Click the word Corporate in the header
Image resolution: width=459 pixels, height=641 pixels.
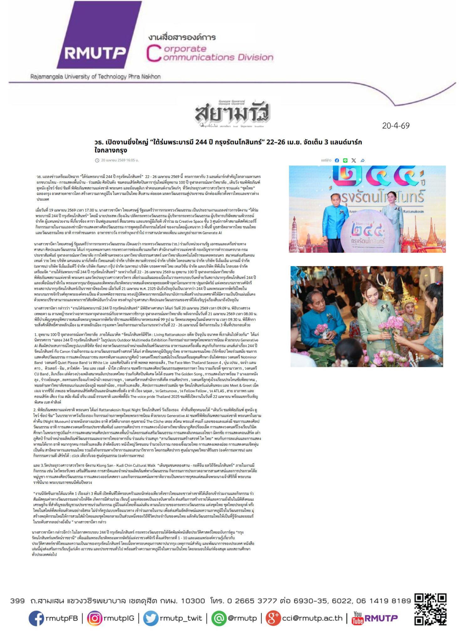point(185,49)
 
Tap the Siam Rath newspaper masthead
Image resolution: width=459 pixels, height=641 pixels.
point(232,113)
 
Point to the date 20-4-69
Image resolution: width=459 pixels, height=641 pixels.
point(395,126)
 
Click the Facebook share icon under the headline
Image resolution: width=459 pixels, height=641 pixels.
point(337,161)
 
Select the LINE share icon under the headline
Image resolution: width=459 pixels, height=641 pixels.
point(345,161)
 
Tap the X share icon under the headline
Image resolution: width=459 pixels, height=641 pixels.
point(353,161)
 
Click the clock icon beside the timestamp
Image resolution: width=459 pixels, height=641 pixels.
point(97,161)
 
